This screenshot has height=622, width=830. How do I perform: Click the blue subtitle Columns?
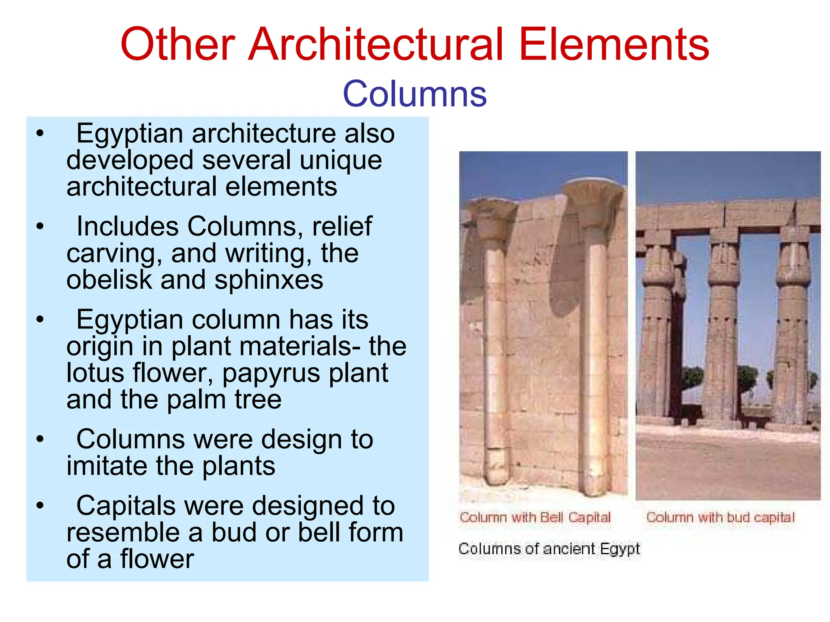tap(415, 94)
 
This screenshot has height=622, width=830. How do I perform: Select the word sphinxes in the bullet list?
tap(269, 280)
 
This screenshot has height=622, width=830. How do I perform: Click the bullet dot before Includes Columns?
tap(39, 226)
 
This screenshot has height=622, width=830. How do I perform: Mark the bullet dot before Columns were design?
tap(39, 439)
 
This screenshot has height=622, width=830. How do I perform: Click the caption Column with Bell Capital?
tap(535, 517)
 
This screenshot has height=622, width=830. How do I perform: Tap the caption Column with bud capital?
tap(720, 517)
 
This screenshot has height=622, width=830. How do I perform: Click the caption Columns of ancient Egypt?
tap(549, 549)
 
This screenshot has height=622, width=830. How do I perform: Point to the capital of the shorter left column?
tap(491, 219)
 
